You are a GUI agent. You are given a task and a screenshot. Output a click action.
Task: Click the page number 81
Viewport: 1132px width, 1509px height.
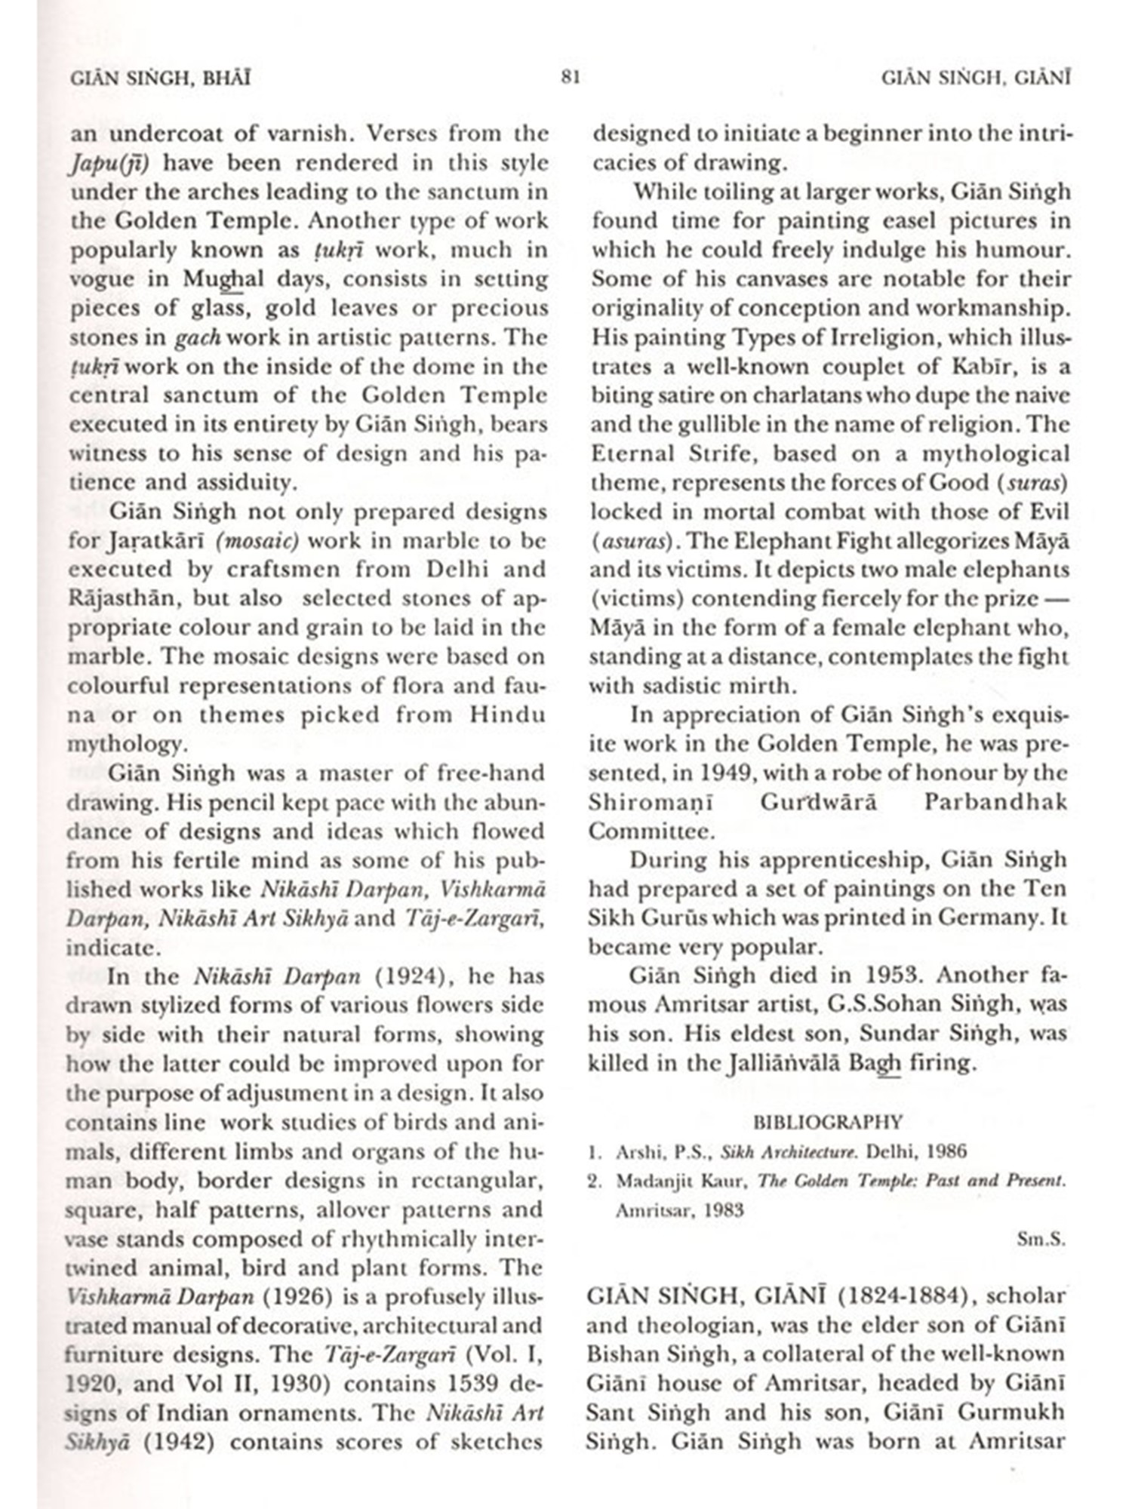tap(571, 77)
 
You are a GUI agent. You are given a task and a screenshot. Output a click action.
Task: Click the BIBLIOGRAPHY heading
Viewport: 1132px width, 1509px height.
tap(828, 1122)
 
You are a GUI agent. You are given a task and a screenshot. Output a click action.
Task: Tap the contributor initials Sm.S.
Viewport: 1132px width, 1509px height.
tap(1041, 1239)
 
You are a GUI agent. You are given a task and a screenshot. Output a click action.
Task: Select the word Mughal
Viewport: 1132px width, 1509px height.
tap(224, 279)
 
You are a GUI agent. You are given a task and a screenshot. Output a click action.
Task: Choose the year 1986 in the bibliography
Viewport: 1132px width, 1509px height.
tap(943, 1151)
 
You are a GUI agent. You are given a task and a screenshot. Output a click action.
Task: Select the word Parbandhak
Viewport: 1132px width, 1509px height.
tap(995, 801)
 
